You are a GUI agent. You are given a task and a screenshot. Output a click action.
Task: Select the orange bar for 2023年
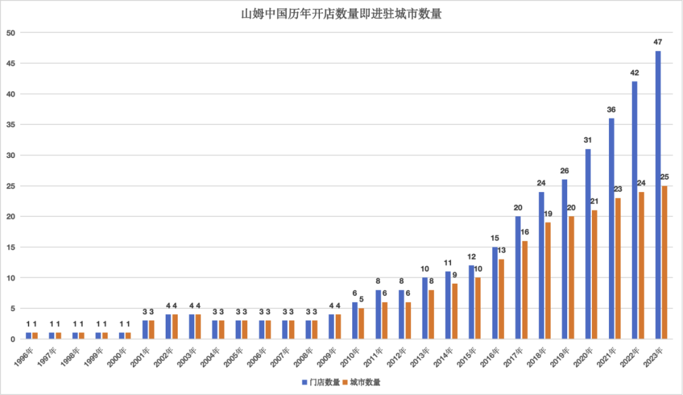tap(665, 262)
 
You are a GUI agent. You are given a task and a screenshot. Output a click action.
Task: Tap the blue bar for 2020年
tap(588, 244)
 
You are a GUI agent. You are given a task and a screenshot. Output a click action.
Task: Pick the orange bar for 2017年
tap(524, 290)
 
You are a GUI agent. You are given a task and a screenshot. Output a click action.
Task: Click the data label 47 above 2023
tap(658, 42)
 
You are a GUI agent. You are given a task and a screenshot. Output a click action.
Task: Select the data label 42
tap(635, 73)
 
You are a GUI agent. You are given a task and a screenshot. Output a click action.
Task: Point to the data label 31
tap(588, 140)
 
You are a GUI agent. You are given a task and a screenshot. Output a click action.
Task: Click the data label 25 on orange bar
tap(665, 177)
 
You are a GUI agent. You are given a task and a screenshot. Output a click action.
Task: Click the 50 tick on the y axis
tap(11, 33)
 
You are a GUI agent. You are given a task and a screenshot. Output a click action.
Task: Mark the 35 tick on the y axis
tap(11, 125)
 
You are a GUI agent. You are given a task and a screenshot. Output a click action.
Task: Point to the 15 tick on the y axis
tap(11, 247)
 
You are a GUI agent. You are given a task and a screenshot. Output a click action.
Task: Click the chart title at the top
tap(341, 14)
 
